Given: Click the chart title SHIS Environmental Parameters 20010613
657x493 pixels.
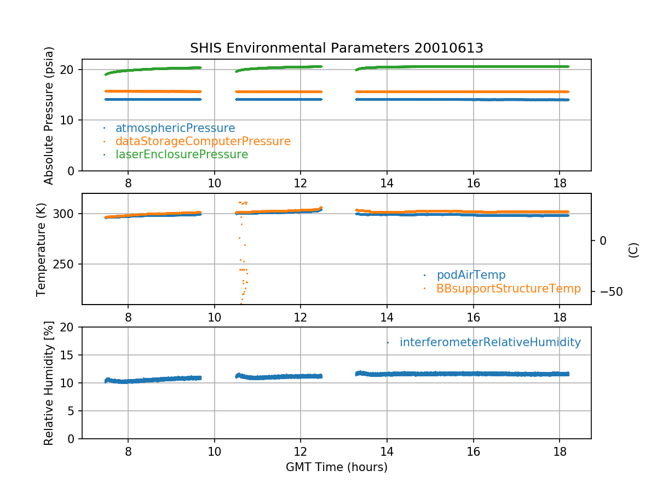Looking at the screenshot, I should click(x=336, y=48).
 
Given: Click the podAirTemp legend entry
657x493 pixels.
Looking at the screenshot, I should click(x=471, y=275).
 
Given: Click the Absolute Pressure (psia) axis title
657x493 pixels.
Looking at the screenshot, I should click(x=49, y=115).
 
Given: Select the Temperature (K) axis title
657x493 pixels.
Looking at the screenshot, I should click(x=42, y=249).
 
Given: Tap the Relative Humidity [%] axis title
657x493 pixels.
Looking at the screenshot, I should click(x=49, y=383).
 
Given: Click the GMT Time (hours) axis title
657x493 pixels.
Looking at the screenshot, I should click(x=336, y=467).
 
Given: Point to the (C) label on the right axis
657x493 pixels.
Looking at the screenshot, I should click(x=633, y=250).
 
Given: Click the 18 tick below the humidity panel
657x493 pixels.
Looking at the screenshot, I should click(x=560, y=448).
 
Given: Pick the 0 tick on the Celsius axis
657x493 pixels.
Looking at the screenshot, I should click(x=603, y=240).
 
